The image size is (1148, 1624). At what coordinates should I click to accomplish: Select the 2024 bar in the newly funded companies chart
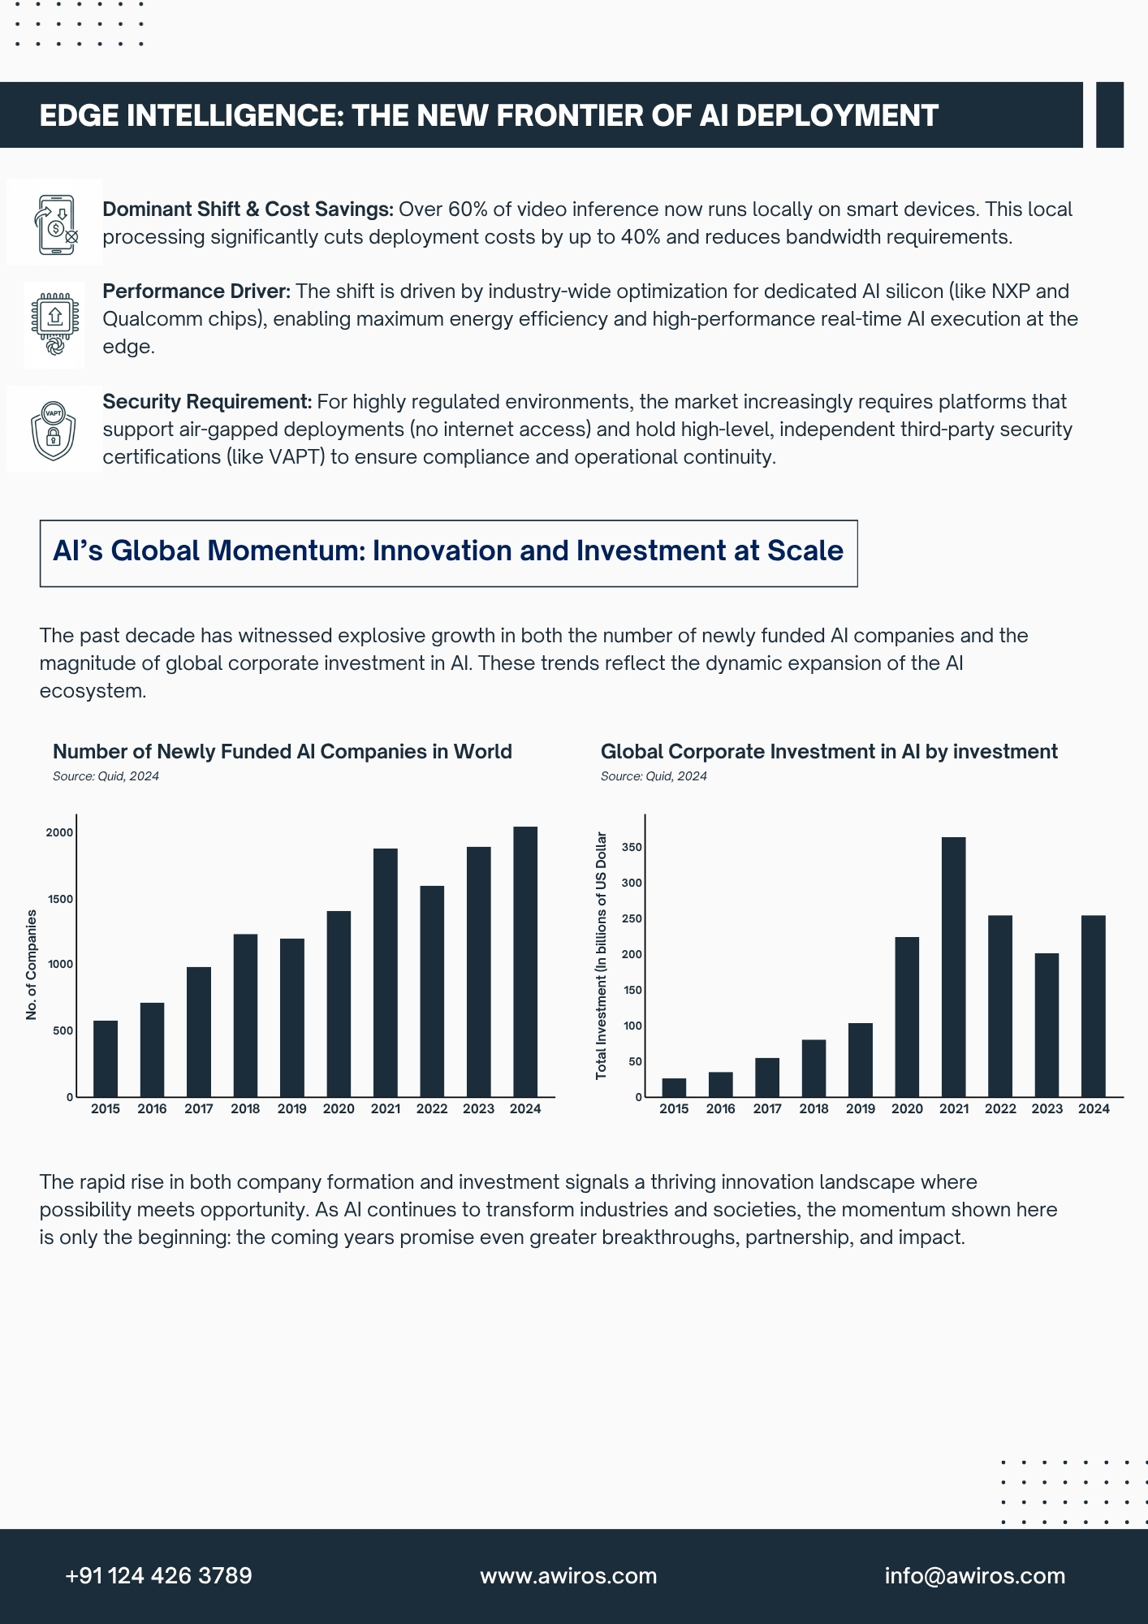tap(525, 961)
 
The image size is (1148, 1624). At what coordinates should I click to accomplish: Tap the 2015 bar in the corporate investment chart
tap(674, 1087)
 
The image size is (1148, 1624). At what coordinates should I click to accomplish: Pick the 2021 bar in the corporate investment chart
tap(954, 966)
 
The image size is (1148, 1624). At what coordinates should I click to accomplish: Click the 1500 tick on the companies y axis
tap(59, 899)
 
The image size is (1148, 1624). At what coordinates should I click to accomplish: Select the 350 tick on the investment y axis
tap(632, 847)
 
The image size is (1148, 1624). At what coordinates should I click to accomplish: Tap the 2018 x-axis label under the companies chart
tap(245, 1109)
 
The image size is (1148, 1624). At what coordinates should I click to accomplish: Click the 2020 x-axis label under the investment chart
tap(907, 1109)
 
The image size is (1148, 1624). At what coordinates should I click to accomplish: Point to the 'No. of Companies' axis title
tap(32, 964)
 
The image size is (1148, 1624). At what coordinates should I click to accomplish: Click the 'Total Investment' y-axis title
tap(602, 955)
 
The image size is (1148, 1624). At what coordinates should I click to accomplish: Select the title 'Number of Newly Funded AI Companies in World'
tap(282, 751)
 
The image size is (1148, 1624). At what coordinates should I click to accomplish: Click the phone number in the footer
tap(158, 1576)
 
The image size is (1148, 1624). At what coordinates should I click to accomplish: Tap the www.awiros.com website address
tap(568, 1576)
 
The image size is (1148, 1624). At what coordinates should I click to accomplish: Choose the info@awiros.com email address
tap(974, 1576)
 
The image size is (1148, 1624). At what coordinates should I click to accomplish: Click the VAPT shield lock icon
tap(54, 430)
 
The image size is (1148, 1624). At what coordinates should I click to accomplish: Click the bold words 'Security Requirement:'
tap(207, 401)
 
